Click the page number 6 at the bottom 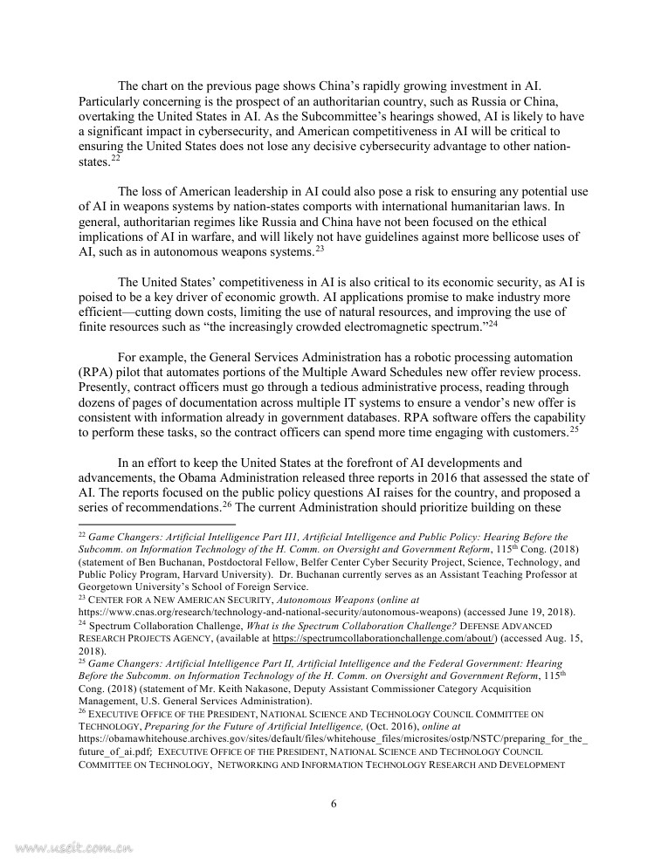[334, 804]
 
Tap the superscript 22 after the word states [115, 158]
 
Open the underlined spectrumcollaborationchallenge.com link [384, 639]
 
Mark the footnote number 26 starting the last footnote [82, 710]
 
